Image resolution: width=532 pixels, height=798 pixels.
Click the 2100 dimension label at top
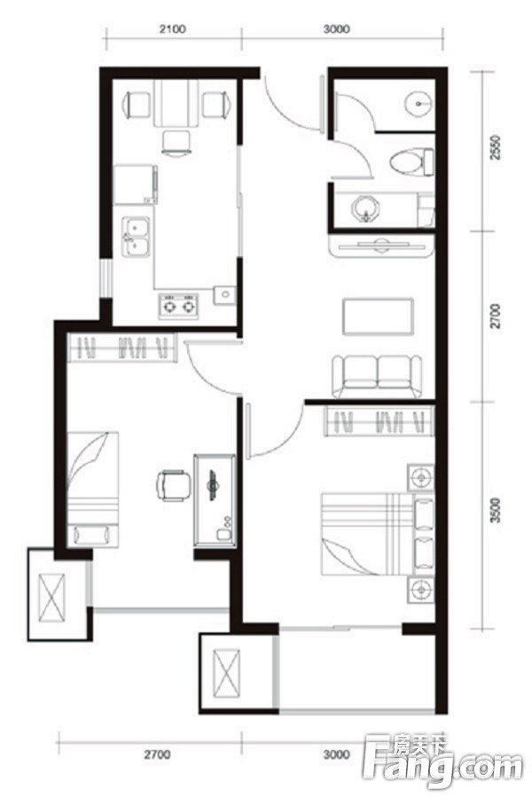pyautogui.click(x=172, y=29)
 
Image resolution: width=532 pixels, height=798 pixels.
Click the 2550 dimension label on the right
pyautogui.click(x=495, y=147)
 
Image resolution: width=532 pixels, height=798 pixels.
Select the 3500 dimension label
pyautogui.click(x=495, y=511)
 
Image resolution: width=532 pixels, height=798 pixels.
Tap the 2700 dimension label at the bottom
pyautogui.click(x=157, y=755)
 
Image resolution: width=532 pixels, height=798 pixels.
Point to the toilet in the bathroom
pyautogui.click(x=411, y=162)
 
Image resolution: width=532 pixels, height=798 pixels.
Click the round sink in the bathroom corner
pyautogui.click(x=419, y=104)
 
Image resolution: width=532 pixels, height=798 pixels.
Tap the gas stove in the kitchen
pyautogui.click(x=178, y=306)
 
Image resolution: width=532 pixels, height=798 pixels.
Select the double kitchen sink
pyautogui.click(x=136, y=237)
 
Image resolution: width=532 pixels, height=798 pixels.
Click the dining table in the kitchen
pyautogui.click(x=176, y=104)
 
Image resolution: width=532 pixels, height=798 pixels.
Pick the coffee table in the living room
pyautogui.click(x=378, y=317)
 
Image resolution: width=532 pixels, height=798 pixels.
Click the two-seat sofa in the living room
pyautogui.click(x=377, y=376)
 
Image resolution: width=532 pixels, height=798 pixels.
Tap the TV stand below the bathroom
pyautogui.click(x=382, y=246)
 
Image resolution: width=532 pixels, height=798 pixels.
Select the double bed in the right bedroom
pyautogui.click(x=378, y=534)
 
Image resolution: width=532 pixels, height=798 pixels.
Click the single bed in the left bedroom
pyautogui.click(x=92, y=489)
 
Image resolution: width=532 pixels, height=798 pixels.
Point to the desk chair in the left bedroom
pyautogui.click(x=173, y=486)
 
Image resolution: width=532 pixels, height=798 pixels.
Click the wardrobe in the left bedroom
pyautogui.click(x=122, y=348)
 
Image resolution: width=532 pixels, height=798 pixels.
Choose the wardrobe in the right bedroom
pyautogui.click(x=379, y=421)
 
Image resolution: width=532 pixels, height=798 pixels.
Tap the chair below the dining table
pyautogui.click(x=176, y=142)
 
